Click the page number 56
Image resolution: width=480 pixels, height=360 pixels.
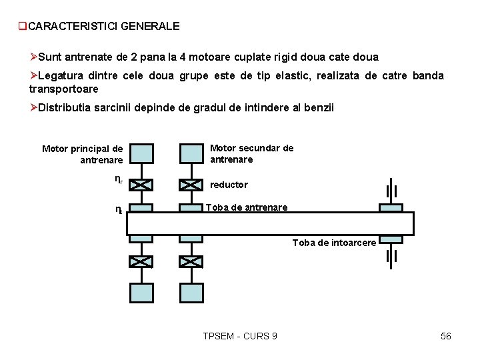pyautogui.click(x=446, y=336)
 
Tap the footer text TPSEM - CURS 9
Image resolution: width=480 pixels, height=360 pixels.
pyautogui.click(x=240, y=336)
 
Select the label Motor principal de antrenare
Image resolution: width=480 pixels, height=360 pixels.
pyautogui.click(x=83, y=154)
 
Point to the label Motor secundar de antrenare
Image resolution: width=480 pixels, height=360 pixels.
pyautogui.click(x=251, y=153)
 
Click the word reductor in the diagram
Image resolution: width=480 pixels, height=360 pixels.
pyautogui.click(x=229, y=185)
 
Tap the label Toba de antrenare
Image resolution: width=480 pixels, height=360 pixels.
pyautogui.click(x=247, y=207)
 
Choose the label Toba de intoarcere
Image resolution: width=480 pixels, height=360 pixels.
pyautogui.click(x=334, y=243)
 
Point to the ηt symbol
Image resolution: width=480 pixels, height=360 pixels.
pyautogui.click(x=118, y=209)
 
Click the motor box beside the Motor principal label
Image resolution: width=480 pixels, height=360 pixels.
pyautogui.click(x=141, y=153)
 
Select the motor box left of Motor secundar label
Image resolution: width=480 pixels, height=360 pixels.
pyautogui.click(x=191, y=153)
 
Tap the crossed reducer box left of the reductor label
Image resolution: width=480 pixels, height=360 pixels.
pyautogui.click(x=191, y=185)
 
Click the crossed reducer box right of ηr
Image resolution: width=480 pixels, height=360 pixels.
pyautogui.click(x=141, y=185)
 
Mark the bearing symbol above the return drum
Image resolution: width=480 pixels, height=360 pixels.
pyautogui.click(x=391, y=191)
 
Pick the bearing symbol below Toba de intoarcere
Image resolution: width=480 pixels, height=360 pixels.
pyautogui.click(x=391, y=256)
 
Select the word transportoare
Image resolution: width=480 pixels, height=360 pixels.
pyautogui.click(x=64, y=89)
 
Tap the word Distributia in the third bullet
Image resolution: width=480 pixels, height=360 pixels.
pyautogui.click(x=65, y=108)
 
